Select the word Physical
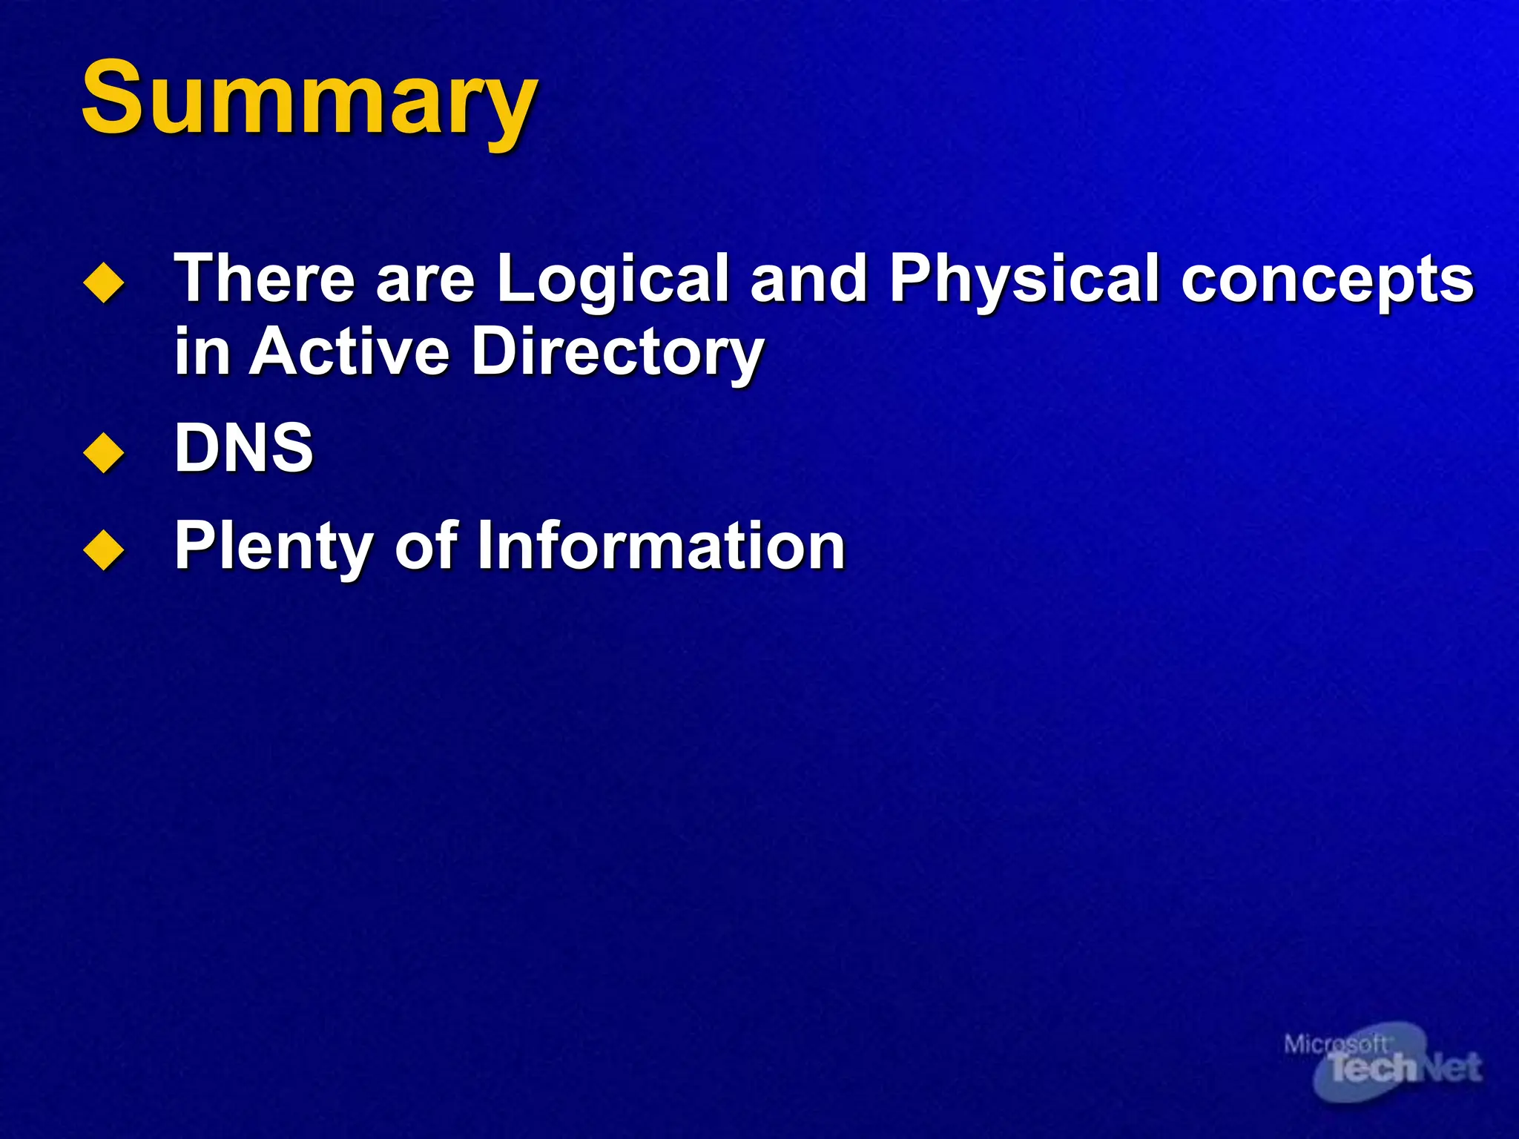pyautogui.click(x=1024, y=280)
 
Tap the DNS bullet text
pyautogui.click(x=244, y=447)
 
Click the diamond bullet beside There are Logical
pyautogui.click(x=104, y=284)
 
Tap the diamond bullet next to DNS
pyautogui.click(x=104, y=453)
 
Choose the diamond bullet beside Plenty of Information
pyautogui.click(x=104, y=552)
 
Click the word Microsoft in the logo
pyautogui.click(x=1335, y=1045)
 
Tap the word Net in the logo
pyautogui.click(x=1450, y=1069)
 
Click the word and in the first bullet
pyautogui.click(x=808, y=278)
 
